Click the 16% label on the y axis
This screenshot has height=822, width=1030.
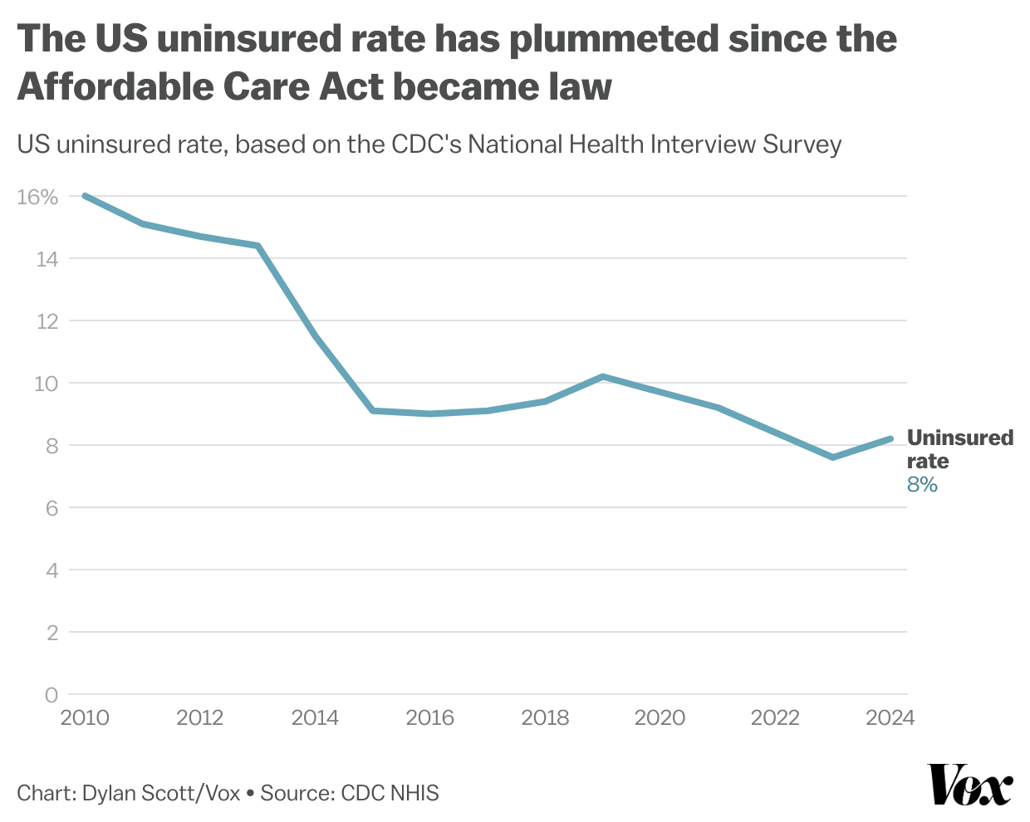[37, 197]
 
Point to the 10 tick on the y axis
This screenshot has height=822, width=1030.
[47, 384]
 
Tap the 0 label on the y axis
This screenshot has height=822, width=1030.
[51, 695]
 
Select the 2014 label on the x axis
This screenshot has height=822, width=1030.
[315, 717]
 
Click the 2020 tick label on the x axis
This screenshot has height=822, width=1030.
[660, 717]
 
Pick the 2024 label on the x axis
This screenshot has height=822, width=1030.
[890, 717]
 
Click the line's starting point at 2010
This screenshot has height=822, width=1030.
[85, 196]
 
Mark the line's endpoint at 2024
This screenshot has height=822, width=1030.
[890, 438]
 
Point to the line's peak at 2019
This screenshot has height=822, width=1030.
[603, 376]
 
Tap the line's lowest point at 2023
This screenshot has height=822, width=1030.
[832, 457]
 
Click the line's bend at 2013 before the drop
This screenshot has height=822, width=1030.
[258, 246]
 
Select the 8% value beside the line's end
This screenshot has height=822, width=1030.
[922, 485]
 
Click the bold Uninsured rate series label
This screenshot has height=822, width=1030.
[959, 448]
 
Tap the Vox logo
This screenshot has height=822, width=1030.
[969, 785]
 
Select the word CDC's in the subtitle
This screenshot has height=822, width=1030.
[426, 144]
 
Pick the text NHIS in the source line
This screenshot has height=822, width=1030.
[414, 793]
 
